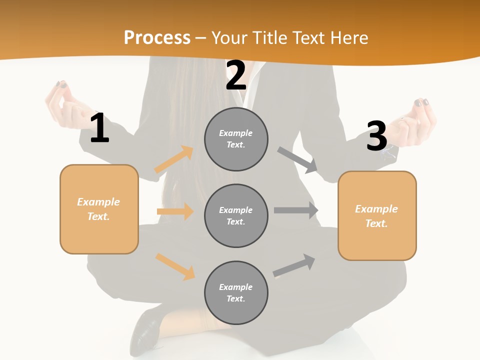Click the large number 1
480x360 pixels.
point(99,128)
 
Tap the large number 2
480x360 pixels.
point(236,76)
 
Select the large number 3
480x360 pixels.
point(376,136)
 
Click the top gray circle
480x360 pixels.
point(236,139)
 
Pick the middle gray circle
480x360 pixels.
point(236,215)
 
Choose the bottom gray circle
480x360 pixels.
point(236,292)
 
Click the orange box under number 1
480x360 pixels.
point(99,209)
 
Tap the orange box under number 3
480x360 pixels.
point(377,215)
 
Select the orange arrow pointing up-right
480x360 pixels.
point(174,159)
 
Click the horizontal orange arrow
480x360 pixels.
point(175,211)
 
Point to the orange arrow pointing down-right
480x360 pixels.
point(175,266)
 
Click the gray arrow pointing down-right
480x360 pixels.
point(297,159)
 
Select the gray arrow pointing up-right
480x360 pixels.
point(294,265)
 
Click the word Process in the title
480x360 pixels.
point(157,37)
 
